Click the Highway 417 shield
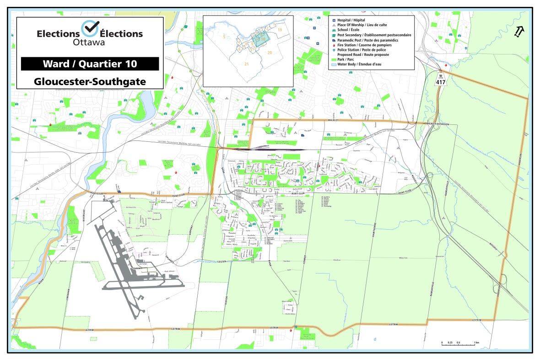point(441,79)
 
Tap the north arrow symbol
point(519,32)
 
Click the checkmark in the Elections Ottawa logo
point(89,28)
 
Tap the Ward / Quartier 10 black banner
point(90,64)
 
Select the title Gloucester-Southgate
point(90,81)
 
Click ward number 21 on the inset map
point(247,63)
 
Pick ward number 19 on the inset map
point(280,29)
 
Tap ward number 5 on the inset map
point(224,36)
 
